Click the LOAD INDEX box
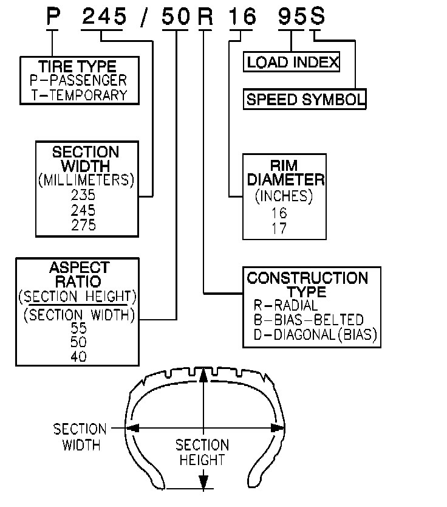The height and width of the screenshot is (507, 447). click(x=292, y=62)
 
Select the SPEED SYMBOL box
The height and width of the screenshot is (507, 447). click(x=305, y=100)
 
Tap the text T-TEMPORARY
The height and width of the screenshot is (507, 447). click(x=79, y=95)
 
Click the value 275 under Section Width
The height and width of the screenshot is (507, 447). click(x=83, y=225)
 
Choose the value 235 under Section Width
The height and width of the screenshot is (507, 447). click(x=83, y=196)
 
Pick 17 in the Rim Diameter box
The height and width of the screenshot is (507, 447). click(x=280, y=229)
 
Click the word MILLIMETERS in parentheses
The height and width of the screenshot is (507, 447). click(x=86, y=181)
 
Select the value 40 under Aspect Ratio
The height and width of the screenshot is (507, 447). click(x=79, y=357)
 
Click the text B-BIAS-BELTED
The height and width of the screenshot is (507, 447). click(x=309, y=320)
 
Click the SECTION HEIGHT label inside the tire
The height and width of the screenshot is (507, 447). click(x=202, y=452)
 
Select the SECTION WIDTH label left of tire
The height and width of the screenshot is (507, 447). click(x=80, y=437)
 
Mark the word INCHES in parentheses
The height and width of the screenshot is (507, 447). click(x=284, y=196)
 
